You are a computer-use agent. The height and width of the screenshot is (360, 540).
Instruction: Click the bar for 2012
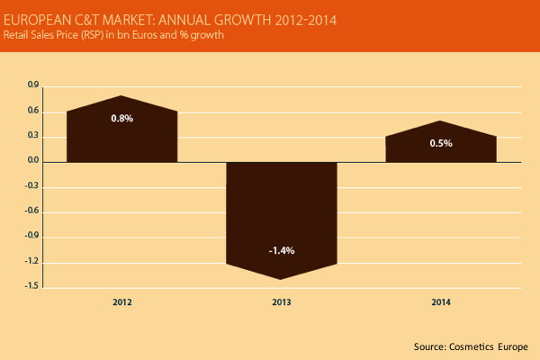point(122,135)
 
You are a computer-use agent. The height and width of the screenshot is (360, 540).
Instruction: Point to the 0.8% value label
point(122,118)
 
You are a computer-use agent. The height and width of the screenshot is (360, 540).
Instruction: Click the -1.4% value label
point(282,247)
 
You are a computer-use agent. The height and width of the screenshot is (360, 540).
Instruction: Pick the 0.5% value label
point(441,142)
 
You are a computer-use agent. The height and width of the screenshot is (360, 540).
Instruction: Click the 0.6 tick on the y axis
point(33,112)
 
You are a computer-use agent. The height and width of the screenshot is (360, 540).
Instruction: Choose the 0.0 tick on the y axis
point(33,162)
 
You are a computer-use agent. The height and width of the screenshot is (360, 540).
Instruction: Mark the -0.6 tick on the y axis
point(32,212)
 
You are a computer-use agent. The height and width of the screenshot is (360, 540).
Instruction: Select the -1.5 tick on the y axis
point(32,288)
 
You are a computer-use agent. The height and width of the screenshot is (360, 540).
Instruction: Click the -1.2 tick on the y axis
point(32,263)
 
